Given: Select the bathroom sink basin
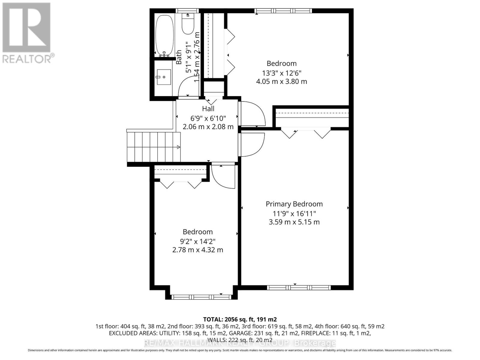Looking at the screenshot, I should tap(163, 77).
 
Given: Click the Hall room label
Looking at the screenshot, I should tap(208, 109).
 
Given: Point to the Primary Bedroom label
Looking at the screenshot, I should tap(294, 204).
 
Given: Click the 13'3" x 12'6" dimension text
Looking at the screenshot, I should tap(281, 73).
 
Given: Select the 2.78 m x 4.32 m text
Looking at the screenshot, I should tap(198, 250).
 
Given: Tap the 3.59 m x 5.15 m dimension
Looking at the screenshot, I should tap(294, 222).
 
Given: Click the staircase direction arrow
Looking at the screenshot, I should tap(178, 147).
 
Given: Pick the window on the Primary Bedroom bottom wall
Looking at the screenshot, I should tap(299, 288).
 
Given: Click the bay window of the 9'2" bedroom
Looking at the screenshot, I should tap(201, 297).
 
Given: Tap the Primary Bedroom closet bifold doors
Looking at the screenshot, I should tap(306, 133).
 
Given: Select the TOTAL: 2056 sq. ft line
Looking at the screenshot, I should tap(240, 319).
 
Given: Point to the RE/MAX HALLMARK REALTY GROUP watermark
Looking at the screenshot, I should tap(240, 343).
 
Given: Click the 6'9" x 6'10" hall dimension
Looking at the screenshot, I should tap(208, 118).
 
